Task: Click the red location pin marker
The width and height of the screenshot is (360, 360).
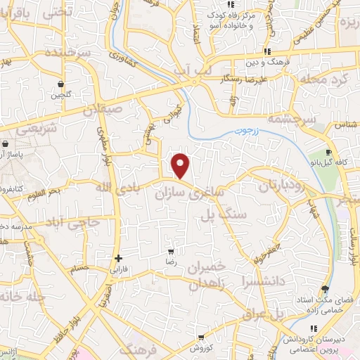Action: point(181,166)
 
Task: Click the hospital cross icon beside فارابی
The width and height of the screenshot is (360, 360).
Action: point(118,258)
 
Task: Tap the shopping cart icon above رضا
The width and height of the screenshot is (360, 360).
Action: point(171,251)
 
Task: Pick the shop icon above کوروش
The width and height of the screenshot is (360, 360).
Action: point(201,337)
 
